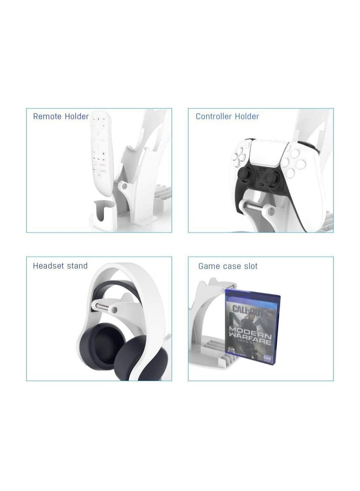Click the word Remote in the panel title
47,117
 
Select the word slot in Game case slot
250,266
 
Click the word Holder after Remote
76,117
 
